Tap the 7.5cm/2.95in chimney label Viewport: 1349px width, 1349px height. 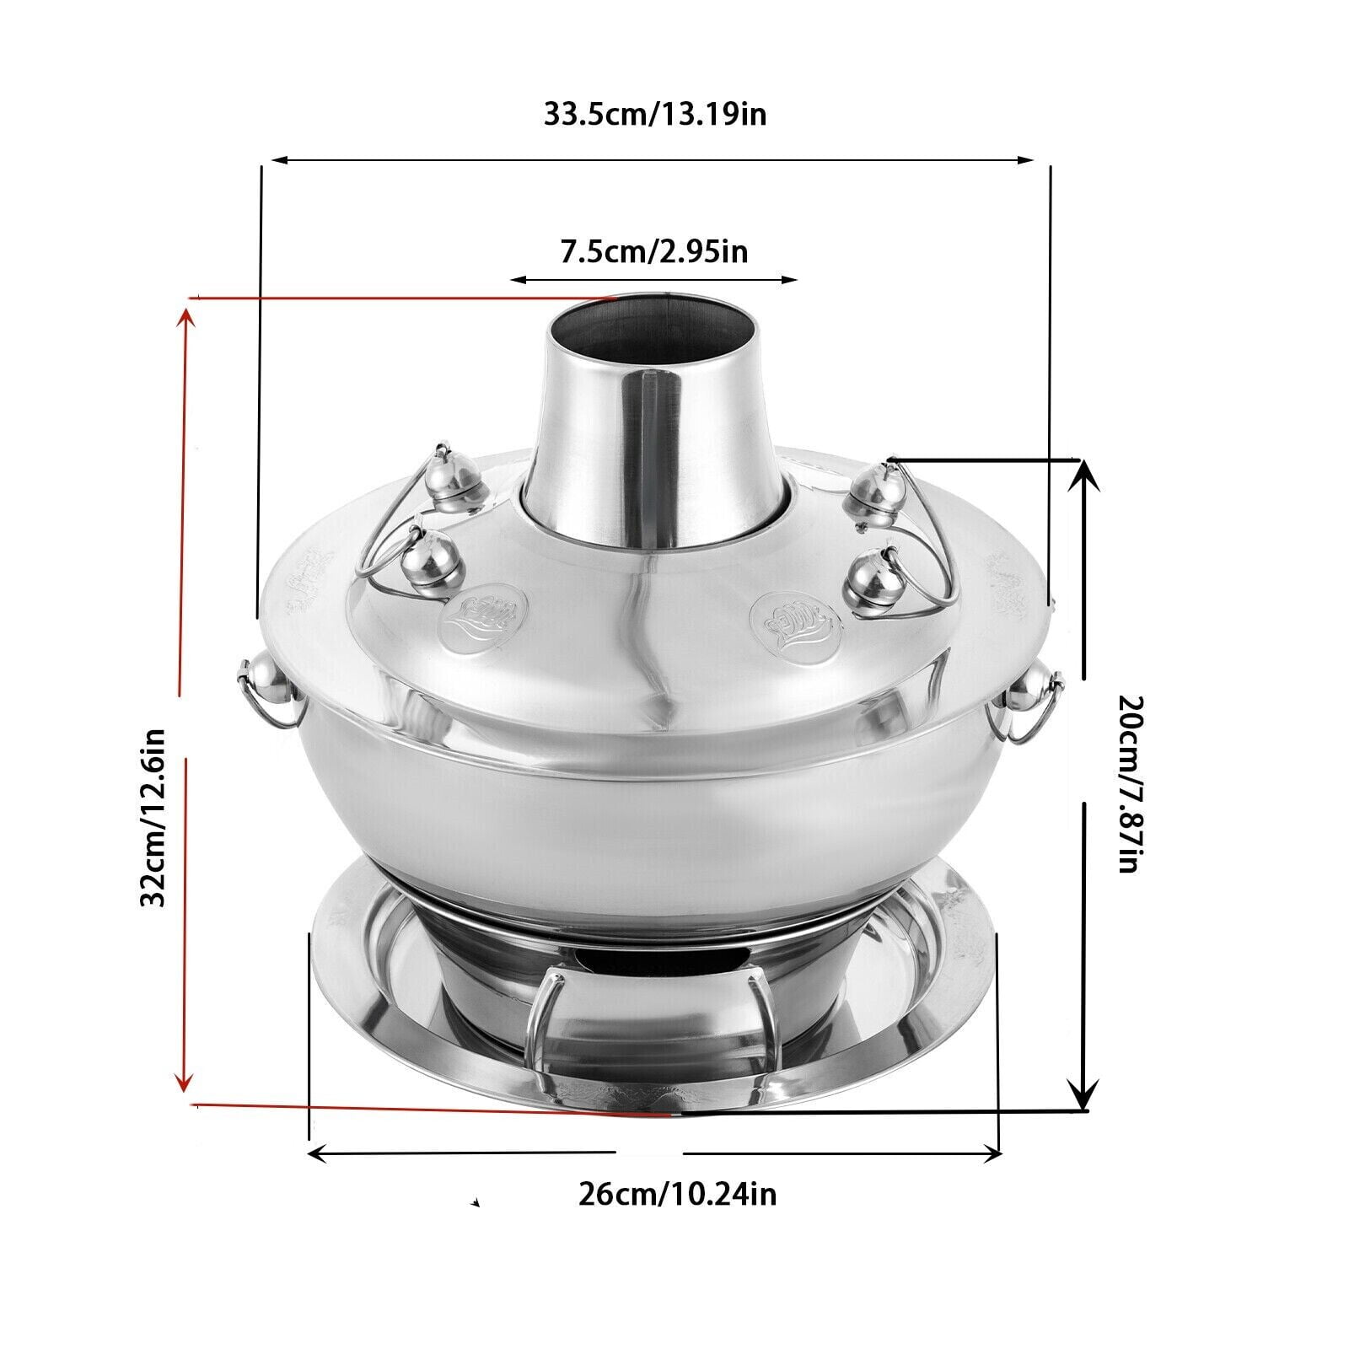[x=654, y=251]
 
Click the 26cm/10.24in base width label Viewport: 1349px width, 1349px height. [x=677, y=1194]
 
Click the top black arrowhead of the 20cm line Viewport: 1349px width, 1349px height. [x=1083, y=476]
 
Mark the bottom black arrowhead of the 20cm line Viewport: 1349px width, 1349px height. [x=1083, y=1095]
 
